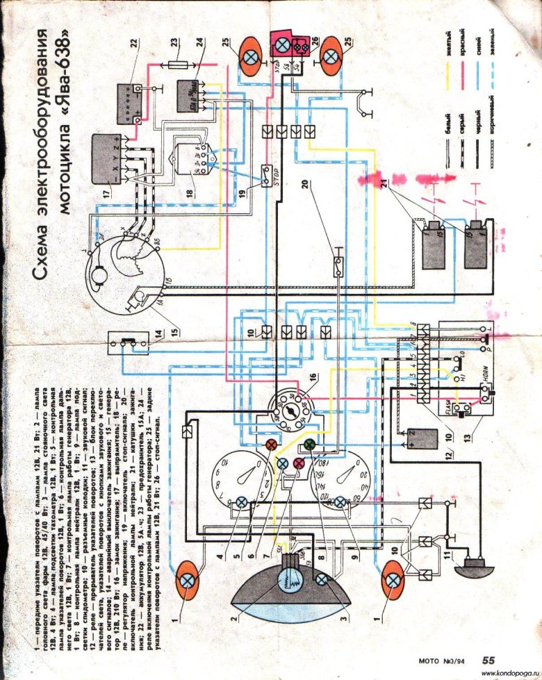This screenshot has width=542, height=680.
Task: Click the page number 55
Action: (488, 661)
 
